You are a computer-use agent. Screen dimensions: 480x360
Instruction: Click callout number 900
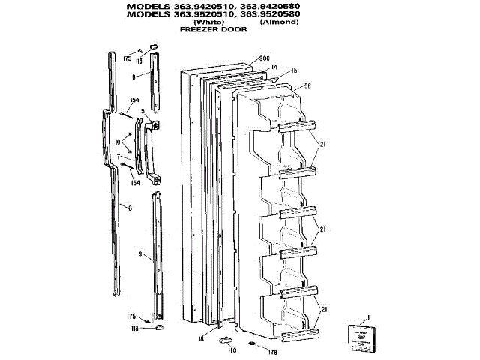(x=264, y=58)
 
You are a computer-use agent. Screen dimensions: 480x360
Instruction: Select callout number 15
(x=295, y=70)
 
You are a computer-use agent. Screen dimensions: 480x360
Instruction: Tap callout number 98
(x=307, y=86)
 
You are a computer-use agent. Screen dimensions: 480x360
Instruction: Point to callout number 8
(x=133, y=76)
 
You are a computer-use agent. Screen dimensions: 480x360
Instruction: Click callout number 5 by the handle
(x=142, y=111)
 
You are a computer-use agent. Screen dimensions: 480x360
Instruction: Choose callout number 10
(x=118, y=141)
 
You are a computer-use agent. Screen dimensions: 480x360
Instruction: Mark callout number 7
(x=118, y=157)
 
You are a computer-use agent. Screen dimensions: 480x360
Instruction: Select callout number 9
(x=140, y=255)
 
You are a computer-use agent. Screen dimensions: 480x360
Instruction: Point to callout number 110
(x=232, y=350)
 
